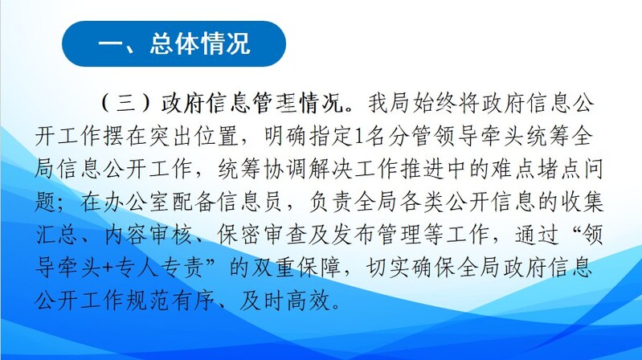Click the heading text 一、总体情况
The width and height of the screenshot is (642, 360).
(174, 43)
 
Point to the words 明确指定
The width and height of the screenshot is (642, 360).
(308, 136)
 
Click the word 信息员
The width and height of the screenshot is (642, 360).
(251, 202)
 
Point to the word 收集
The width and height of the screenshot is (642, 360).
(582, 202)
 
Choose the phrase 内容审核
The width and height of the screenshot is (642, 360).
(149, 235)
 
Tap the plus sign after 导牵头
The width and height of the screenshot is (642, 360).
(108, 268)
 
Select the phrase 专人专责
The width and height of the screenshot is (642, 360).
(160, 268)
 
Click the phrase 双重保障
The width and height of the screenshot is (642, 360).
(296, 268)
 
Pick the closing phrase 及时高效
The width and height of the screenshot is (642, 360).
(285, 301)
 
